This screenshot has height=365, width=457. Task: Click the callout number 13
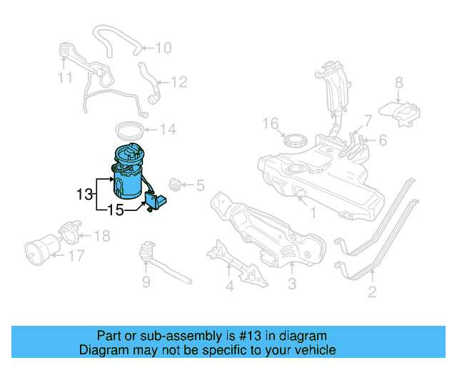coord(84,193)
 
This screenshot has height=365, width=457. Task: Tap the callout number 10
coord(163,48)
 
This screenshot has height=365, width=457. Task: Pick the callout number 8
coord(398,82)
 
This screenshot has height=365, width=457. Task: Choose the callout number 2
coord(372,291)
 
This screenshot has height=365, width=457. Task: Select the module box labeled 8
coord(399,110)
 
